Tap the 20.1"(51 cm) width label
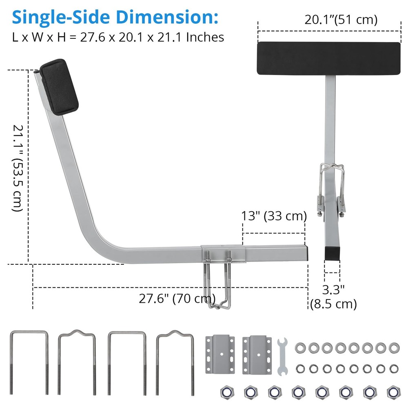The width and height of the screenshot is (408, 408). (341, 20)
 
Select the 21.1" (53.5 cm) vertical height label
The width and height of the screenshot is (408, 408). (18, 168)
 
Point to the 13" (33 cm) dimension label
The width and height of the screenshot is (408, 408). (273, 216)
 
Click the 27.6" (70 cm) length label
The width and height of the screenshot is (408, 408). (177, 299)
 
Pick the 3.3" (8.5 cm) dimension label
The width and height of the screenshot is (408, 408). (333, 297)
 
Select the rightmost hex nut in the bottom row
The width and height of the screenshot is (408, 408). (394, 392)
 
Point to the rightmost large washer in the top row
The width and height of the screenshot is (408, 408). (394, 348)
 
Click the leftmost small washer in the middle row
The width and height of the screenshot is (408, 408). (301, 368)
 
